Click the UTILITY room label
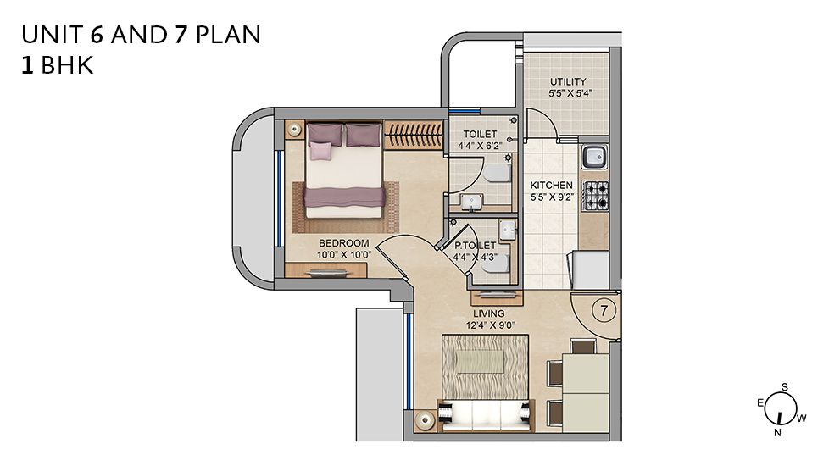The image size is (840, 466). point(568,82)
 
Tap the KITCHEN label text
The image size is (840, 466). point(551,186)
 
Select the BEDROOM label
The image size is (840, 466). point(344,243)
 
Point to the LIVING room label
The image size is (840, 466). point(488,313)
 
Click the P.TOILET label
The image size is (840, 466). point(476,246)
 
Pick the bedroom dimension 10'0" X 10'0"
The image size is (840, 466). point(344,255)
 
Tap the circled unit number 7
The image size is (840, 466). point(604,311)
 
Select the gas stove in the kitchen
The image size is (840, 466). point(596,195)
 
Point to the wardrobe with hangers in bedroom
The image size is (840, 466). point(414,135)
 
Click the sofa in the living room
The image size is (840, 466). point(486,415)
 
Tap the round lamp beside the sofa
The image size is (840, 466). point(426,420)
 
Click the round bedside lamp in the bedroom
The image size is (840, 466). point(295,129)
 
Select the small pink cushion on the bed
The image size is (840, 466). point(321,151)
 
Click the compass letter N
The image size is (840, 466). point(777,432)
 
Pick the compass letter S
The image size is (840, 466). point(784,387)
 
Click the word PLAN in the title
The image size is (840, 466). point(228,35)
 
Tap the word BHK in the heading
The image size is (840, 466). point(67,64)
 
